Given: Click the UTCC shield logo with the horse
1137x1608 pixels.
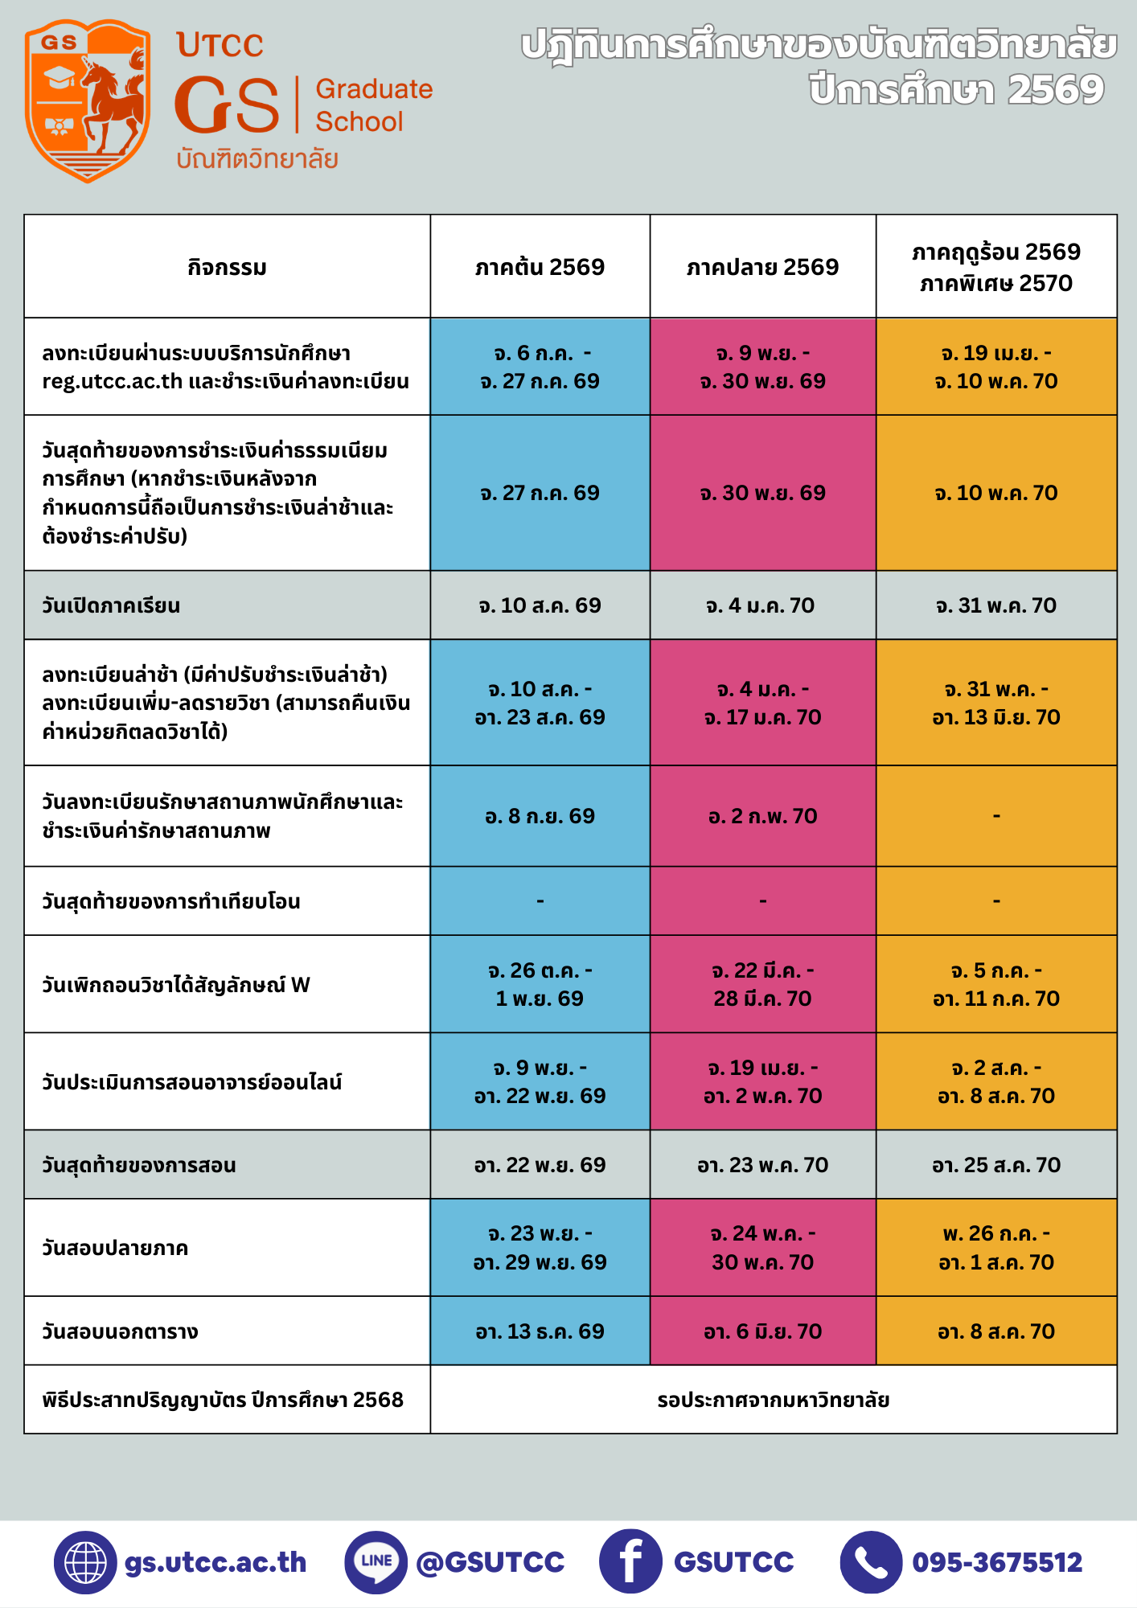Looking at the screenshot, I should tap(88, 101).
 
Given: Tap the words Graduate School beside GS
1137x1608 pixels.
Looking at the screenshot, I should tap(374, 105).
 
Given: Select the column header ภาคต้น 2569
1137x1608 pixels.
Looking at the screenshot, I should tap(540, 267).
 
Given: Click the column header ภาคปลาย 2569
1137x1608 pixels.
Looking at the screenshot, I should tap(762, 267).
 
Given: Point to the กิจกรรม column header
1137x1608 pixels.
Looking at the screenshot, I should tap(227, 267).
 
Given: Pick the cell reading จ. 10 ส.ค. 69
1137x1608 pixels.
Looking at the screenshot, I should tap(540, 605).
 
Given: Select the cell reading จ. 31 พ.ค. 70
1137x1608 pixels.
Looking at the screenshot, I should tap(995, 605).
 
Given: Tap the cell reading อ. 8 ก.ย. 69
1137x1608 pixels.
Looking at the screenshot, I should tap(540, 816).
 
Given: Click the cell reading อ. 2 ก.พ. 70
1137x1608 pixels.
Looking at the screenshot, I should tap(762, 816).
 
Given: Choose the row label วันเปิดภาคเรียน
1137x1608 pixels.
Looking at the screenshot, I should tap(111, 605).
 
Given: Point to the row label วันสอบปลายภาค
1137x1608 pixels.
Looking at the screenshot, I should tap(115, 1248).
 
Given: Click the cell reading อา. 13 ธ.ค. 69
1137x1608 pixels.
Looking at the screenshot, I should tap(540, 1331).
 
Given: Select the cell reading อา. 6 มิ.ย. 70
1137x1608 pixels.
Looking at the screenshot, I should tap(762, 1331).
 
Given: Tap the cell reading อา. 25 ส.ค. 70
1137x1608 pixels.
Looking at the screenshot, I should tap(995, 1165).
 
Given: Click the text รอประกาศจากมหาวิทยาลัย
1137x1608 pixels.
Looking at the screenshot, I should tap(773, 1400).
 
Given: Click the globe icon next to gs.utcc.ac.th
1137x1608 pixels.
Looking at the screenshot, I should tap(85, 1562).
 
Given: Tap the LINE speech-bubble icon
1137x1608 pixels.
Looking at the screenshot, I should tap(376, 1562).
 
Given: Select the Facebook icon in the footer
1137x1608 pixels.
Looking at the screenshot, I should tap(630, 1561).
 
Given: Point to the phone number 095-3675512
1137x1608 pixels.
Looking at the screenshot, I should tap(997, 1562).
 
